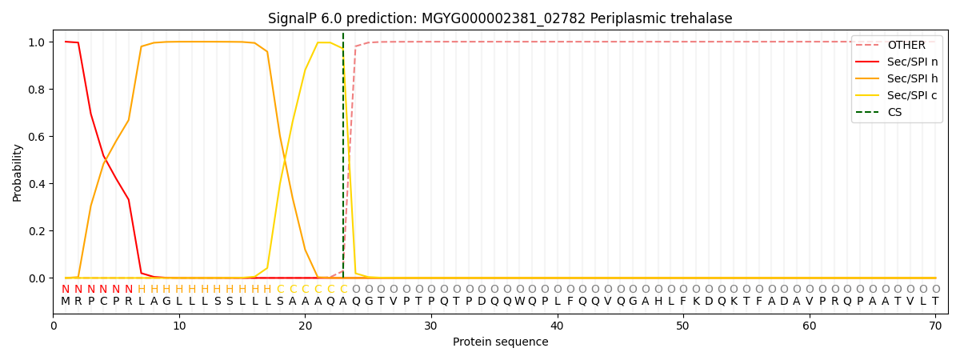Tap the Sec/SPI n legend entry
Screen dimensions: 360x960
pos(912,62)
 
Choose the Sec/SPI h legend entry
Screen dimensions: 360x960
pos(912,78)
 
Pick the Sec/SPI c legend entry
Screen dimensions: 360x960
pos(912,95)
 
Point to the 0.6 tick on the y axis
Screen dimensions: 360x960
pos(38,137)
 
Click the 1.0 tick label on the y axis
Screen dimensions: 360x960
pos(38,42)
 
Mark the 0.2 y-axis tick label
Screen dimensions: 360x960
pos(38,231)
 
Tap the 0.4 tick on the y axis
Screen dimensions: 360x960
pos(38,184)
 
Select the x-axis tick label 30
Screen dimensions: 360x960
pos(431,325)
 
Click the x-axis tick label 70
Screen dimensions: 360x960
pos(935,325)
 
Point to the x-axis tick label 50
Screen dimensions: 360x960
pos(683,325)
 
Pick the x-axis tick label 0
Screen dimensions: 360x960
pos(54,325)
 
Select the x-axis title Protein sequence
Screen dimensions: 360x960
pos(500,342)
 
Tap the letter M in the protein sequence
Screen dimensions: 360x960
pos(66,302)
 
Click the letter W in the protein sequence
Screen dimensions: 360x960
pos(519,302)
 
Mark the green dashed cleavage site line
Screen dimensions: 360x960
pos(343,160)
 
